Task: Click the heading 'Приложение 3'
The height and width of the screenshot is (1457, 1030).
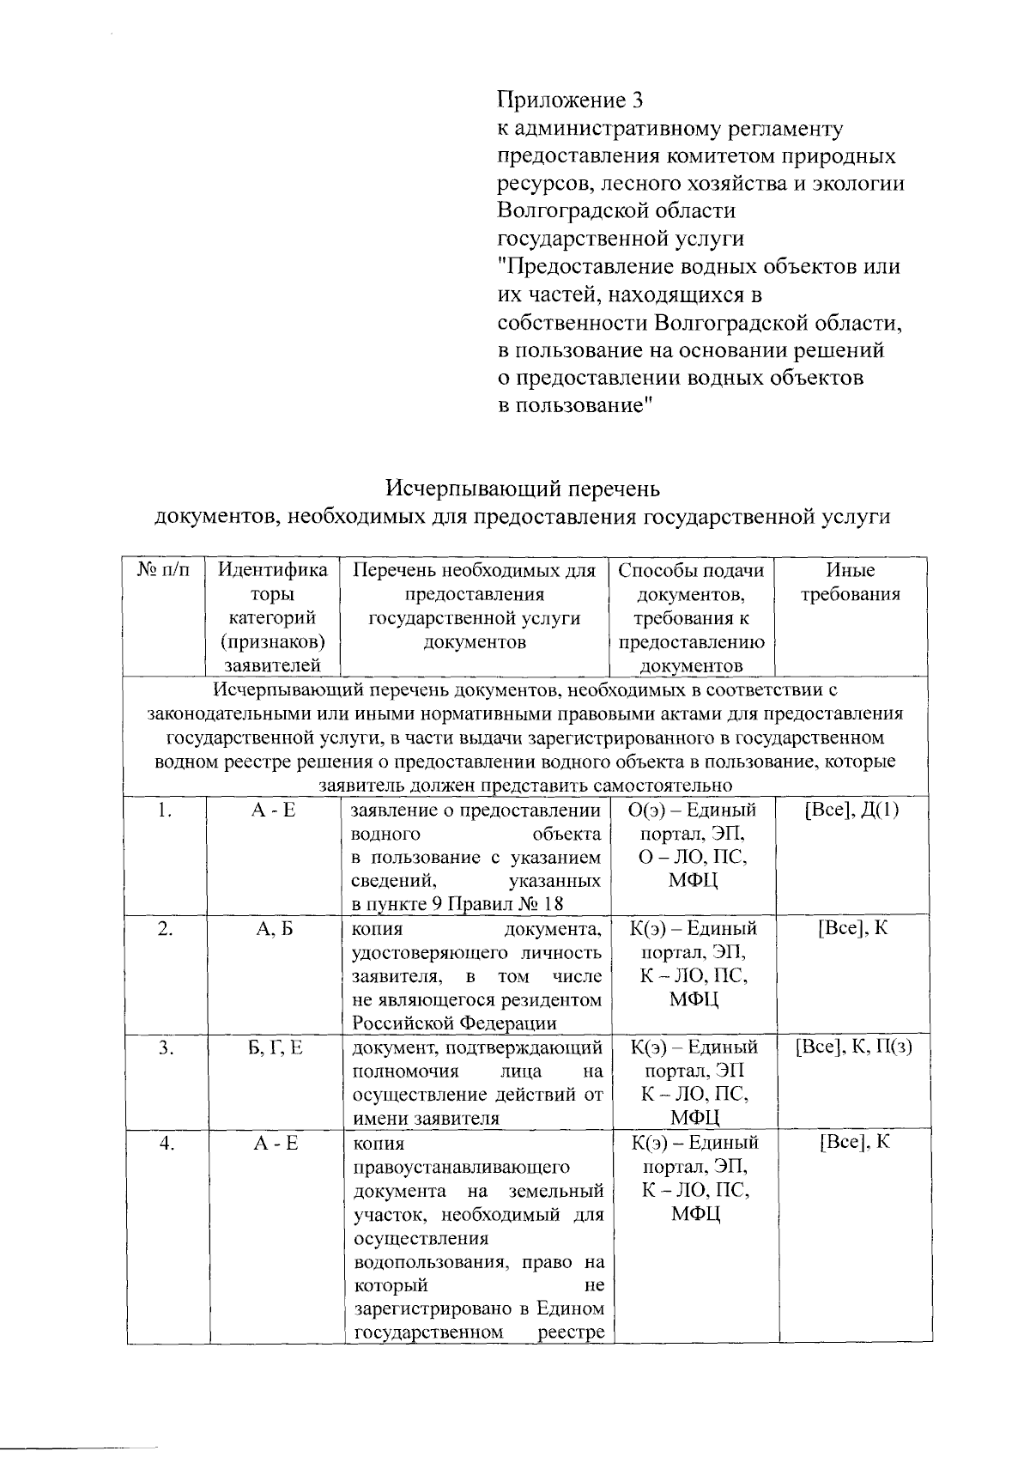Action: click(x=570, y=101)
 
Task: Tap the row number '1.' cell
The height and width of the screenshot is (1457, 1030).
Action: click(x=166, y=810)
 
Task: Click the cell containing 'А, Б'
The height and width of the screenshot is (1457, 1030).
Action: click(x=275, y=929)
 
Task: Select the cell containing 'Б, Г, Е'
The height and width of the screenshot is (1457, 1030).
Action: click(x=275, y=1047)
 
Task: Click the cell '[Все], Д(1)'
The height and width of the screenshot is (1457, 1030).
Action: click(x=851, y=810)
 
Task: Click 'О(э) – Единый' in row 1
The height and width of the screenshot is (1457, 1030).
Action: click(x=693, y=810)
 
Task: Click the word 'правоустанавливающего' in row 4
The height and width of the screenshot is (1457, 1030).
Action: click(x=462, y=1168)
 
